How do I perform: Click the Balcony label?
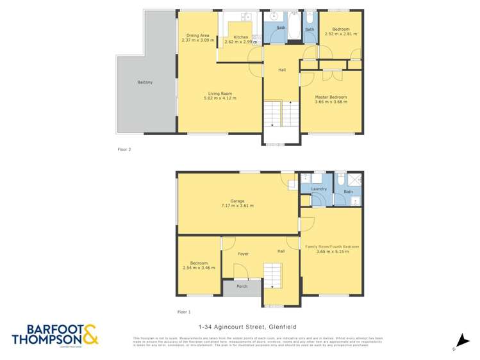click(x=145, y=83)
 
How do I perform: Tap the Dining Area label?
click(x=197, y=35)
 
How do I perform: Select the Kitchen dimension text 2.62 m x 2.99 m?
click(x=240, y=42)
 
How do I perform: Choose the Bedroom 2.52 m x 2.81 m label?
click(x=340, y=29)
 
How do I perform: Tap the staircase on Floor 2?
click(x=281, y=116)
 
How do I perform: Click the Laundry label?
click(x=319, y=189)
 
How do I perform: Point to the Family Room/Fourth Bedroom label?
click(x=332, y=247)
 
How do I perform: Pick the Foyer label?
click(x=243, y=254)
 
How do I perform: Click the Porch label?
click(x=242, y=286)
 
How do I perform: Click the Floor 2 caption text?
click(x=124, y=149)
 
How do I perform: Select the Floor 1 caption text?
click(x=184, y=312)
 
